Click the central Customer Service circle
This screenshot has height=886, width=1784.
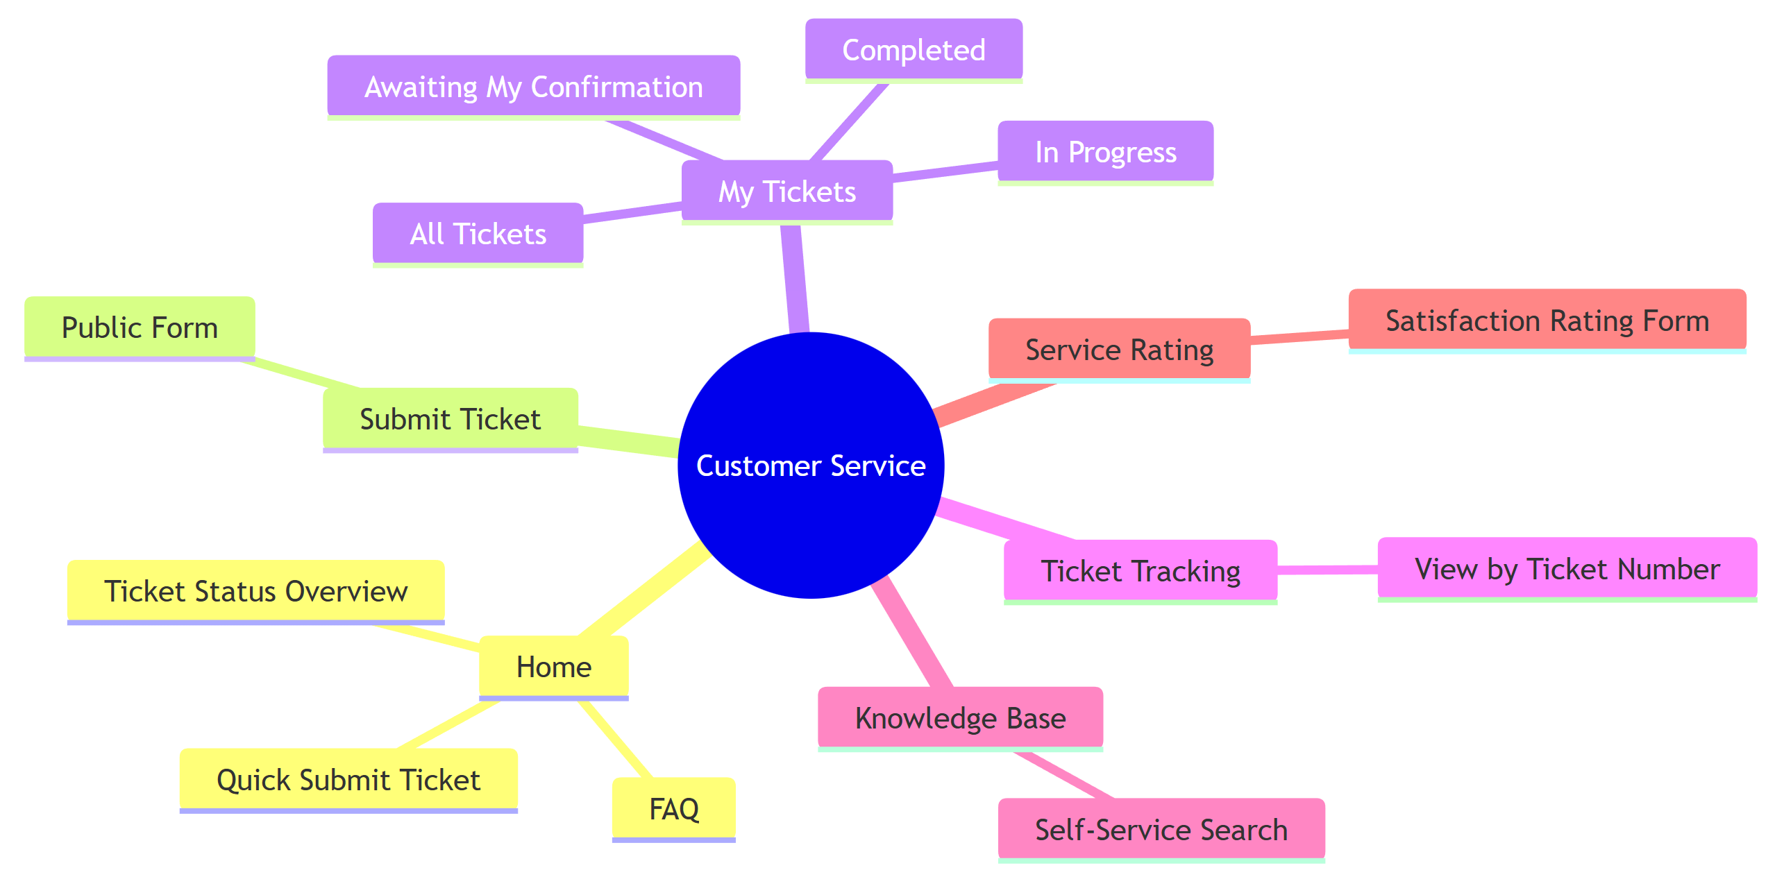(x=811, y=465)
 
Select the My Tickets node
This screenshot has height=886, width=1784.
(x=787, y=191)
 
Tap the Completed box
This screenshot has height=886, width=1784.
(x=914, y=50)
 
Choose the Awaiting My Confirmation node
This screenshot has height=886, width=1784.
(x=533, y=87)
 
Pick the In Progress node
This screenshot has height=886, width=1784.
(x=1105, y=152)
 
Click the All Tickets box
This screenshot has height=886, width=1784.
(x=478, y=234)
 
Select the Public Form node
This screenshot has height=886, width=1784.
(x=140, y=327)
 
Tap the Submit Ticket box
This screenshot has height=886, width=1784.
(x=450, y=419)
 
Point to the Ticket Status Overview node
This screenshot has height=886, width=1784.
(x=255, y=591)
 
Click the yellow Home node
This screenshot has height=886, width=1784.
(x=553, y=667)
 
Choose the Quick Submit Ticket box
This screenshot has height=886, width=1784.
(x=348, y=780)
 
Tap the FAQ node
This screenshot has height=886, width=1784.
(x=673, y=809)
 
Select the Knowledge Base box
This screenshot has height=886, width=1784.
(x=960, y=718)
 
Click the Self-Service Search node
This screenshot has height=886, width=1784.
(x=1161, y=830)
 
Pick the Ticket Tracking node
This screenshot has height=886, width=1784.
(x=1141, y=571)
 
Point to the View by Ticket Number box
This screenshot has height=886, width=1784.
(x=1567, y=569)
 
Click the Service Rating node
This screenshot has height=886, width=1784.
(x=1119, y=350)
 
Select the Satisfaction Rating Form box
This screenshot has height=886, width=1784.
(x=1547, y=321)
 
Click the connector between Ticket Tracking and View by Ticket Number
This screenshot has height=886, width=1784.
(x=1327, y=570)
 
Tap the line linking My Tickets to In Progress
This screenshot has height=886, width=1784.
(x=945, y=171)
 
